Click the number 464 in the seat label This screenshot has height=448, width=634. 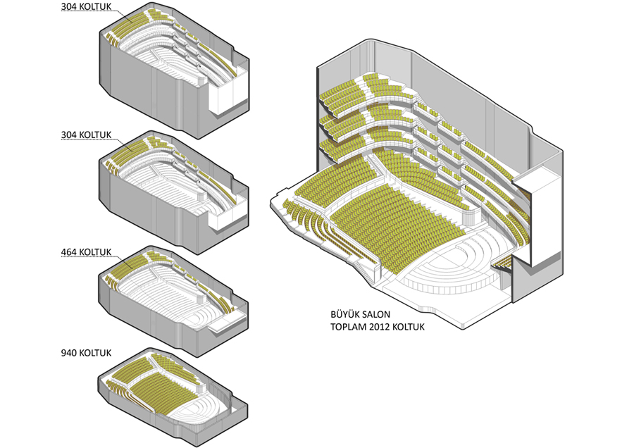[x=69, y=251]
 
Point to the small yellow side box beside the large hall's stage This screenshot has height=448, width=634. [x=502, y=264]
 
